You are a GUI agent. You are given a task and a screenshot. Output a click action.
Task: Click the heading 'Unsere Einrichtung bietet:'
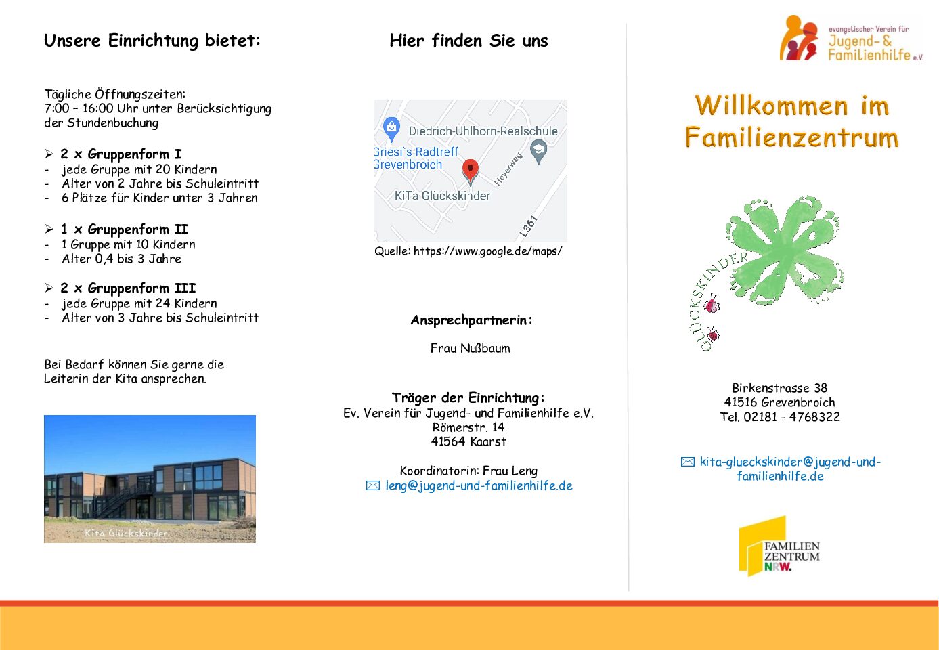152,41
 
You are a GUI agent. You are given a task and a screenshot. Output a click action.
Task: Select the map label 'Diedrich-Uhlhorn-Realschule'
483,131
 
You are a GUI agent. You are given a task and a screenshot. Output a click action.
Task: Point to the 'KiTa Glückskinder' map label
442,196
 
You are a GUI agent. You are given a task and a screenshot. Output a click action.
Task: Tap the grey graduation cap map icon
538,152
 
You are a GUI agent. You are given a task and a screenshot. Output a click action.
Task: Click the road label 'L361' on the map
528,226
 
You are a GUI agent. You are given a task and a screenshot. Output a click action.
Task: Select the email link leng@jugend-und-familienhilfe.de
479,485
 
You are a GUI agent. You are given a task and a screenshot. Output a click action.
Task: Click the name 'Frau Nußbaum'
470,348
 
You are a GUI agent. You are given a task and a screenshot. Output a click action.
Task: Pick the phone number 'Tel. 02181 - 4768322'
780,417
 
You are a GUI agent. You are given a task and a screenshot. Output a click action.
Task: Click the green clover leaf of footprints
785,251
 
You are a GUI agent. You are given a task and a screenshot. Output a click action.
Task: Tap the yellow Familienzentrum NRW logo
779,546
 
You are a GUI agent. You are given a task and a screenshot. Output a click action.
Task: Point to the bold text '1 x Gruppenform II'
125,230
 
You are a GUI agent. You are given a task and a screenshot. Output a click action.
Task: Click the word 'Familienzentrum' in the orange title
791,137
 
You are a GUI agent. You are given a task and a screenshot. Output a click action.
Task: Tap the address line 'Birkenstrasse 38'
780,387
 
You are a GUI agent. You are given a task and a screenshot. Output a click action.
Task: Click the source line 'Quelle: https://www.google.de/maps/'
468,251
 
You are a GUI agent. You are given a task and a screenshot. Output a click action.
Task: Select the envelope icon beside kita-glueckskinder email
687,462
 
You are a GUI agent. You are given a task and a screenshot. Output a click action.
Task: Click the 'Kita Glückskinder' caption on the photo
126,533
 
